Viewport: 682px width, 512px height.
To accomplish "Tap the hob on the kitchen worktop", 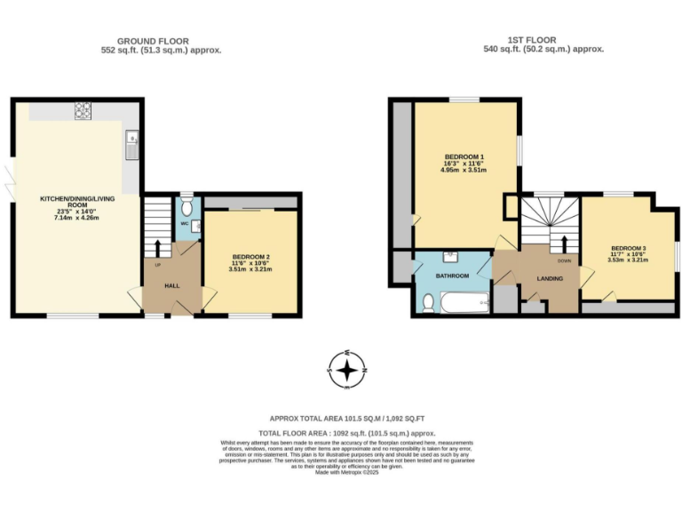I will pyautogui.click(x=85, y=110).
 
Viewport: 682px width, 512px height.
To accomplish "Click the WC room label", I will pyautogui.click(x=184, y=223).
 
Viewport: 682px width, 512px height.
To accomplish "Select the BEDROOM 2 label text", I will pyautogui.click(x=250, y=257).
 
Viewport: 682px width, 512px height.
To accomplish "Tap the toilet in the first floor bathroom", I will pyautogui.click(x=428, y=303).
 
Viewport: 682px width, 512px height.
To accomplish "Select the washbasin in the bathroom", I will pyautogui.click(x=450, y=257).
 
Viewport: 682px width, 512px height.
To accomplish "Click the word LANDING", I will pyautogui.click(x=550, y=278).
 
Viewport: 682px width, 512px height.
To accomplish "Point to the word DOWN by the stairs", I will pyautogui.click(x=564, y=260).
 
